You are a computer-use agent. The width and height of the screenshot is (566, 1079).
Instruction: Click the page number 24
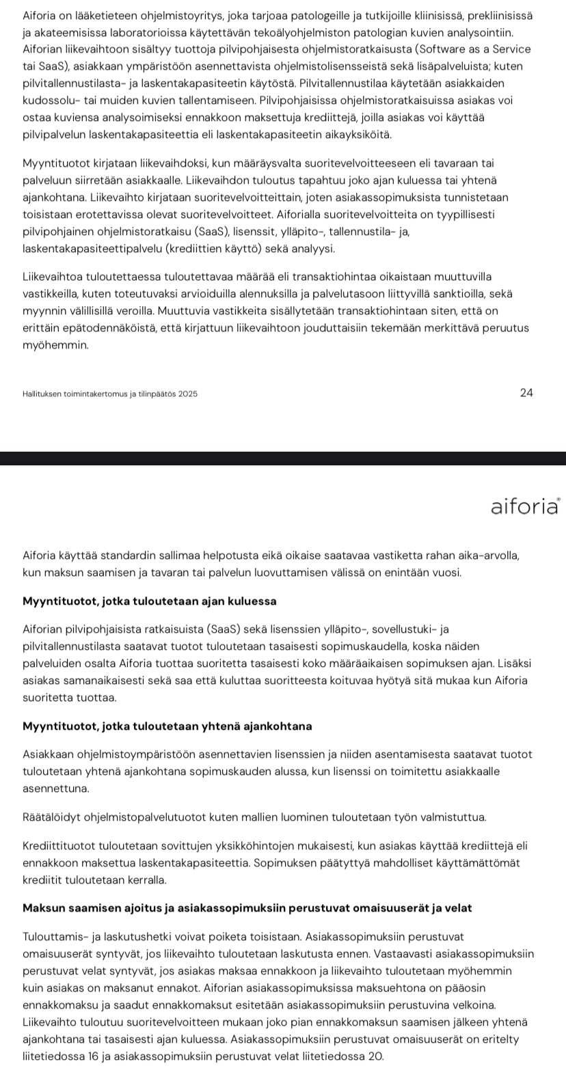[526, 392]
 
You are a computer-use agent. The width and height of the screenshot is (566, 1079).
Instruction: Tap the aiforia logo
[524, 506]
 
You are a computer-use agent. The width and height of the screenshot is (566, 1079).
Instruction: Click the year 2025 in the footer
[187, 394]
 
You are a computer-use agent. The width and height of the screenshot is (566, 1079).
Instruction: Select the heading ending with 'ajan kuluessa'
[149, 601]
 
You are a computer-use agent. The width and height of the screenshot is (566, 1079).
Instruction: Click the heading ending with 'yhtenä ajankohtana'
[167, 726]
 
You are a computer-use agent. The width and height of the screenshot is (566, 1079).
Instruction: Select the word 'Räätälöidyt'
[52, 817]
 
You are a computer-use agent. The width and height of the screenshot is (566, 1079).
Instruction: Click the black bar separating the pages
[283, 459]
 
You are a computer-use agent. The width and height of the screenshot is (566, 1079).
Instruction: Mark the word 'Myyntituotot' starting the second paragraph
[57, 164]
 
